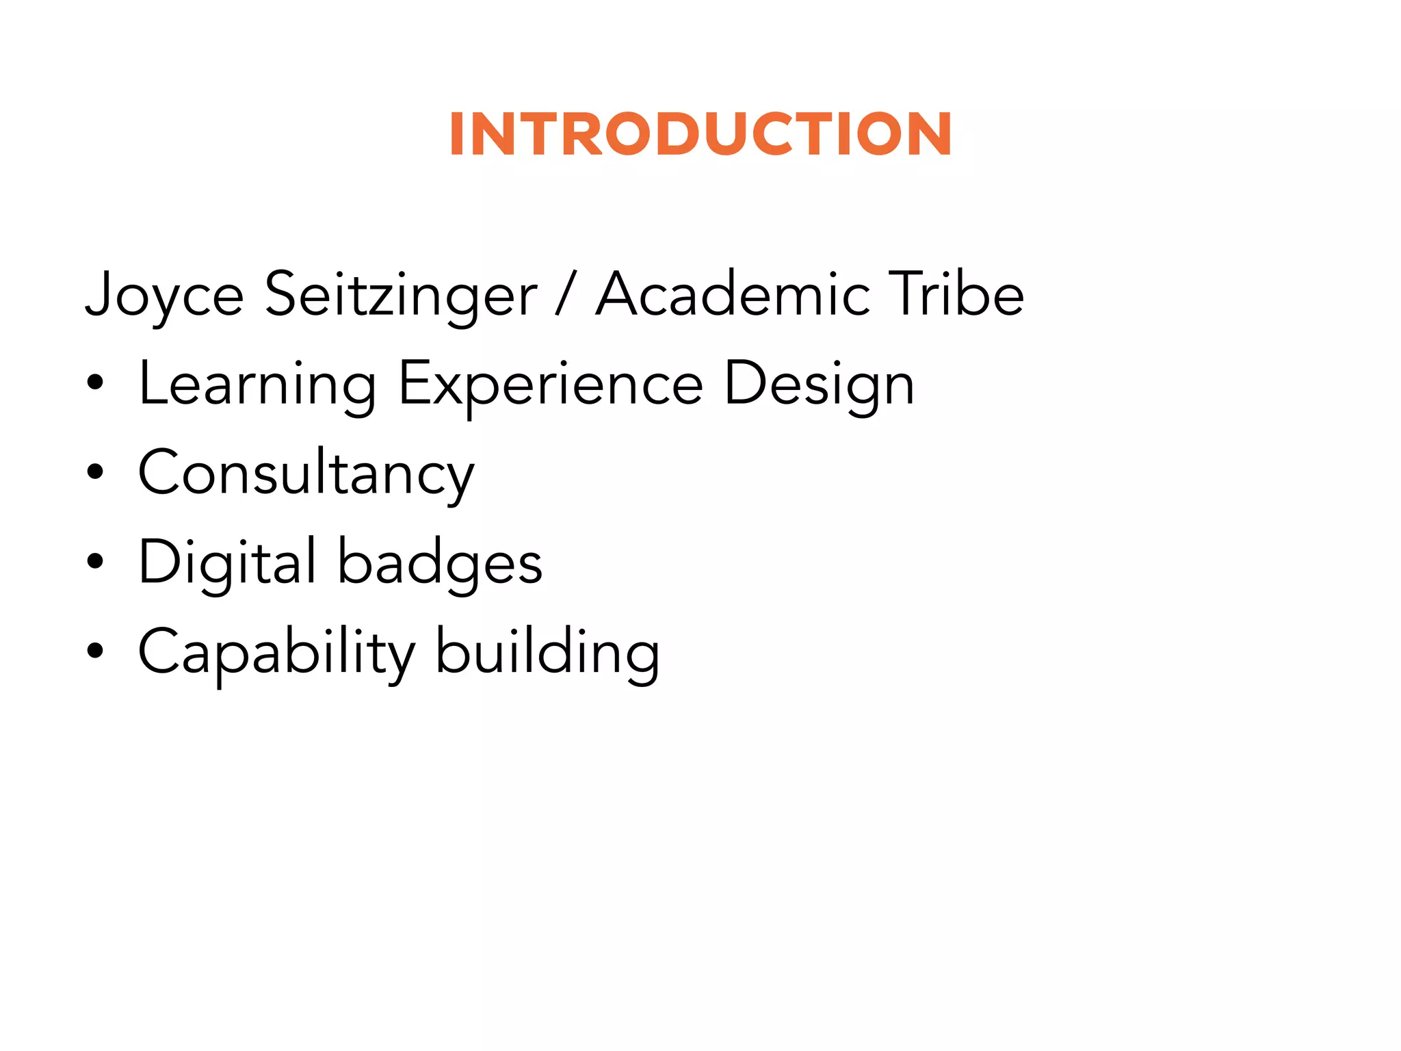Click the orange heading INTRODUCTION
[x=700, y=134]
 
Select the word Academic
[x=733, y=294]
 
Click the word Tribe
[x=956, y=294]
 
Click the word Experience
[x=551, y=385]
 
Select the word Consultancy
[x=306, y=474]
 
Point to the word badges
[x=441, y=563]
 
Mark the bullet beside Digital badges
[x=95, y=562]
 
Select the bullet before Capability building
[x=95, y=651]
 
